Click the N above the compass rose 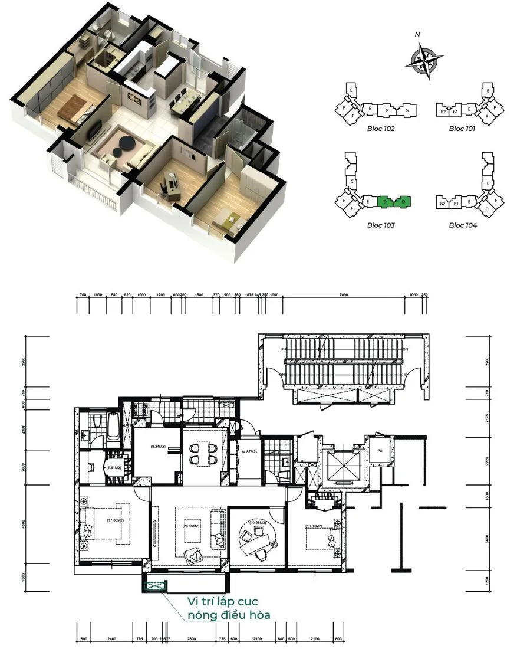417,35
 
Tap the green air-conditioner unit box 155,586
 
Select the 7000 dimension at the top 344,294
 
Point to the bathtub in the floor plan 114,431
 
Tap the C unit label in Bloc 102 351,90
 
